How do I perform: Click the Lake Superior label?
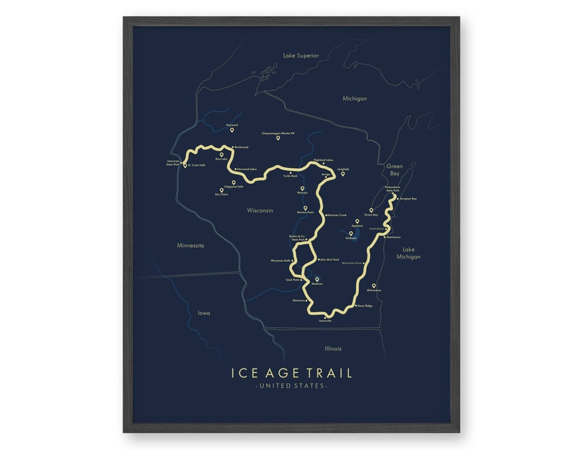[301, 55]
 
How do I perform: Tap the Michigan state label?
[355, 98]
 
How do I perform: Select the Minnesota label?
[190, 245]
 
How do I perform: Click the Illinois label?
[333, 348]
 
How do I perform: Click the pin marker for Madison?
[316, 279]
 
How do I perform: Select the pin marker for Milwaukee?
[374, 286]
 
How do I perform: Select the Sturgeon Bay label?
[408, 198]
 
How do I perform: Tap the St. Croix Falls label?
[196, 166]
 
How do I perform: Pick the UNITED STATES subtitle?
[291, 385]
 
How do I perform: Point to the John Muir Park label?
[330, 259]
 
